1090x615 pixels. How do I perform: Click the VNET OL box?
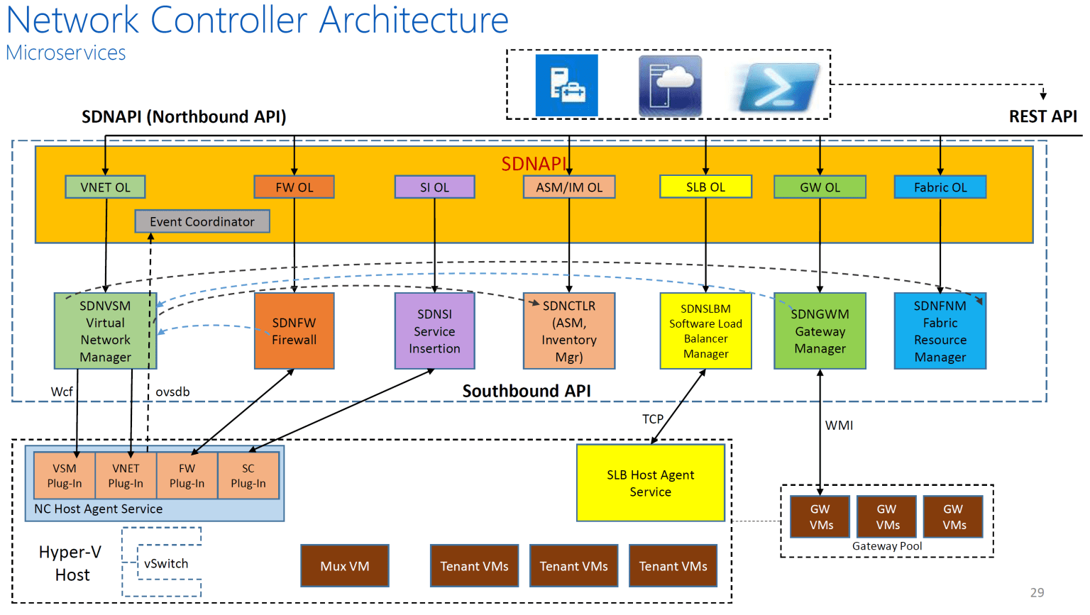coord(105,187)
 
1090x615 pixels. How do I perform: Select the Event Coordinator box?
coord(202,221)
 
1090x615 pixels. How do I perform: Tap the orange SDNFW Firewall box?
coord(294,331)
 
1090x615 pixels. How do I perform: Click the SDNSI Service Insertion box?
coord(434,331)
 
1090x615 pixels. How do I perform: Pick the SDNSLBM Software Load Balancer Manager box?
coord(705,331)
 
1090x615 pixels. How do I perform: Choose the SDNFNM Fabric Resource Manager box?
coord(940,331)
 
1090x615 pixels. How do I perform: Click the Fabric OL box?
coord(940,187)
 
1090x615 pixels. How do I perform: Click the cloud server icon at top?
coord(670,86)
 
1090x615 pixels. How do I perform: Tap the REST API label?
coord(1042,116)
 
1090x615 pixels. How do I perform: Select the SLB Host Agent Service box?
coord(650,483)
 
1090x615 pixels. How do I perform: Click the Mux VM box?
coord(345,566)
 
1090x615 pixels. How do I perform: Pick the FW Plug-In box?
coord(187,476)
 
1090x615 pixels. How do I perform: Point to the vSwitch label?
coord(166,563)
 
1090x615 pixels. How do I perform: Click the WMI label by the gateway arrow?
coord(839,425)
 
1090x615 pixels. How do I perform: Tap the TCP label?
coord(652,419)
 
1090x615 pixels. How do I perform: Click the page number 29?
coord(1037,592)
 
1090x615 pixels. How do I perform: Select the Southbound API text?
coord(527,391)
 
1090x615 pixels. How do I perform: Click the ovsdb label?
coord(172,392)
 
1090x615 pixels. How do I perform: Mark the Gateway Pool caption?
coord(887,546)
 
